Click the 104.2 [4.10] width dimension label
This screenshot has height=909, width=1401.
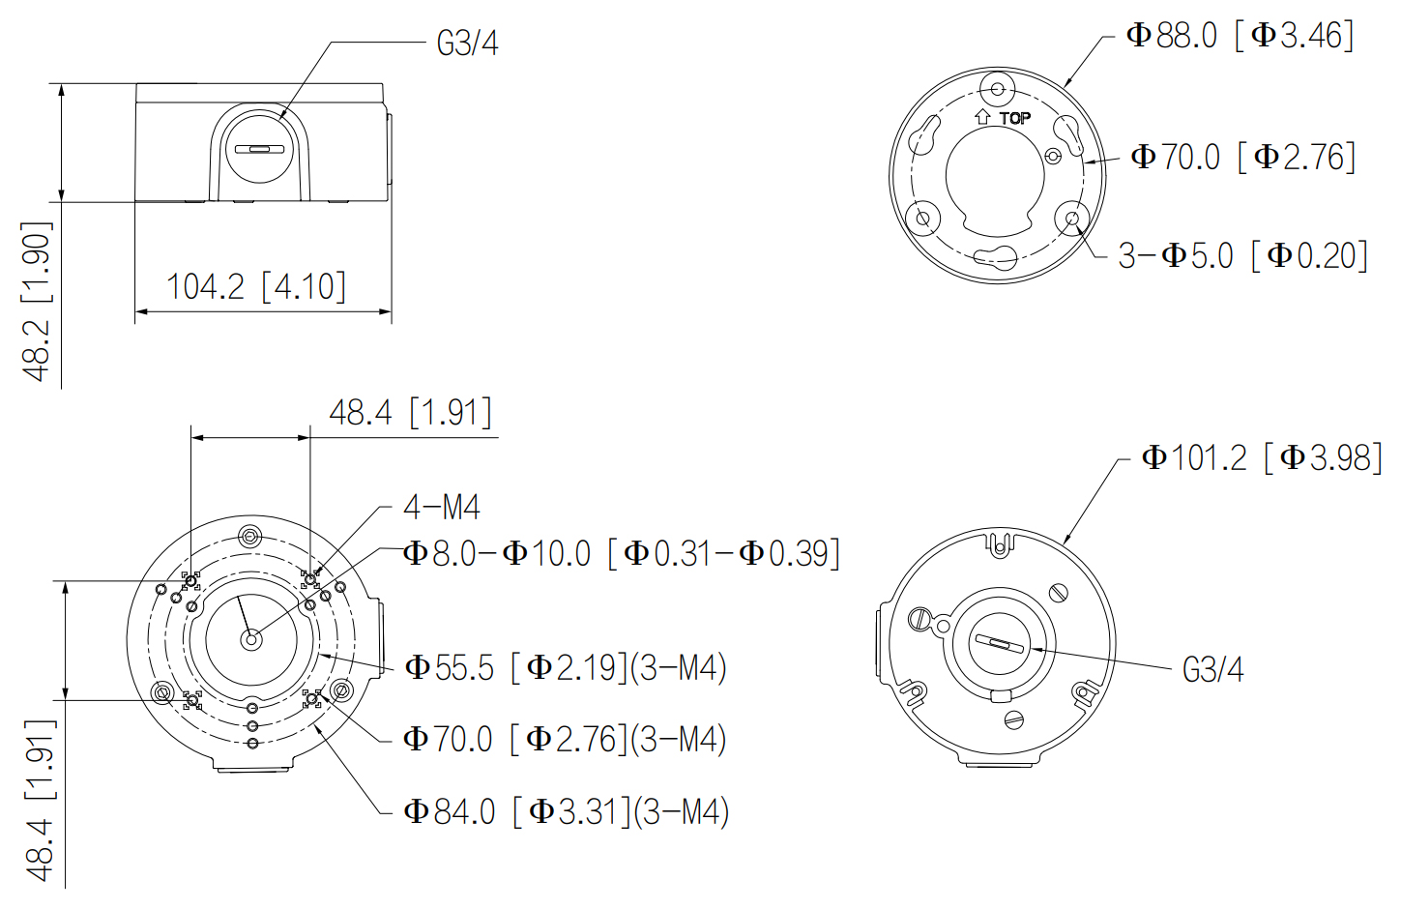pos(256,287)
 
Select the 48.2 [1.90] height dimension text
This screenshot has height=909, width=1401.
pos(37,301)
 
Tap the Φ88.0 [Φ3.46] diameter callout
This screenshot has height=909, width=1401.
pos(1240,35)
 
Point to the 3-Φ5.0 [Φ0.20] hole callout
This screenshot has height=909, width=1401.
pos(1242,255)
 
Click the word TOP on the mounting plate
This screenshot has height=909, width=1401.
pos(1014,118)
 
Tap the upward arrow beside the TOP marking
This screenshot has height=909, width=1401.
pos(982,116)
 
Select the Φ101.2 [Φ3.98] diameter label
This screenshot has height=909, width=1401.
pos(1262,457)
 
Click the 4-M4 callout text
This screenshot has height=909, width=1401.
pos(442,507)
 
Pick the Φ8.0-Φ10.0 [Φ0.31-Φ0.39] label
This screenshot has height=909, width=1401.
pos(621,553)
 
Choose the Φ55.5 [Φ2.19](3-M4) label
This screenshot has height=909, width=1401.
pos(566,667)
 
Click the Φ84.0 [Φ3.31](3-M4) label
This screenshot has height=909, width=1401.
pos(566,811)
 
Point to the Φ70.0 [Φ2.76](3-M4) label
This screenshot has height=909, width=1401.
pos(565,739)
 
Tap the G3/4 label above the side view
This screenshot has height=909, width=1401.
pos(467,44)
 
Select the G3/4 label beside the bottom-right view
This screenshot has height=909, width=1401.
pos(1212,669)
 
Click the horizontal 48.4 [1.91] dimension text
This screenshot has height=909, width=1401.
pos(410,413)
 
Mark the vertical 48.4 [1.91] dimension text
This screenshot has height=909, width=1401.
pos(41,800)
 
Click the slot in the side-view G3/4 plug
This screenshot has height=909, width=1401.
pos(259,150)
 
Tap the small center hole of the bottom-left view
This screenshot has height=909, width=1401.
pos(251,639)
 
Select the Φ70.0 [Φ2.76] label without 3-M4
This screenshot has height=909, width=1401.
pos(1243,157)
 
